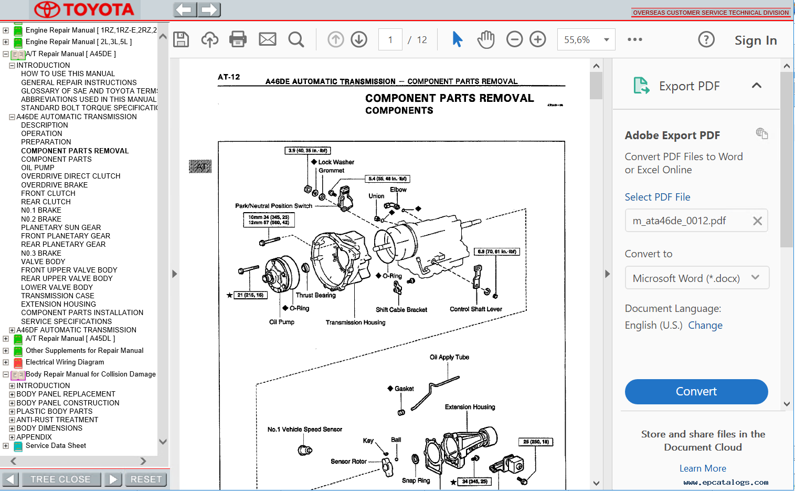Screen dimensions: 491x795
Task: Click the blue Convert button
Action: point(696,392)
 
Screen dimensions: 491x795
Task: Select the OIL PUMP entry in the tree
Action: point(37,168)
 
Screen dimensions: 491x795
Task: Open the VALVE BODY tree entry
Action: point(43,262)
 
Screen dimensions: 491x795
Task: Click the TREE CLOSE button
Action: point(60,479)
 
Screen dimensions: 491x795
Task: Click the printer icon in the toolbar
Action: point(238,39)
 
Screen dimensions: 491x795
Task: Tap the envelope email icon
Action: point(267,39)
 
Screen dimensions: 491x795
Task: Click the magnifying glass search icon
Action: point(296,39)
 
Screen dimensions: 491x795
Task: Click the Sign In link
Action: point(755,40)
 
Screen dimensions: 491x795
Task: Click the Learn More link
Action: point(703,468)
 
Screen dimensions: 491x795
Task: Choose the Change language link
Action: point(705,326)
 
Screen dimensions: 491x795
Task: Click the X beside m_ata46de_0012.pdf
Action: point(757,221)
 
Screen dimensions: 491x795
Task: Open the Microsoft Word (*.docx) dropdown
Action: point(696,278)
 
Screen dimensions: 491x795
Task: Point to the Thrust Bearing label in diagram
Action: point(315,295)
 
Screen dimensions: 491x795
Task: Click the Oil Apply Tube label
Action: point(449,357)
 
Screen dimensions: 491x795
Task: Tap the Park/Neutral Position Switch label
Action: point(273,206)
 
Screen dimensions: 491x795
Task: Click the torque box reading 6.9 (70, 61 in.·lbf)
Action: point(496,252)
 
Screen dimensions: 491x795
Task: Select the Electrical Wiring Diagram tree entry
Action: point(65,362)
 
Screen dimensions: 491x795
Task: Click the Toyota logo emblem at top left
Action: point(47,9)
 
